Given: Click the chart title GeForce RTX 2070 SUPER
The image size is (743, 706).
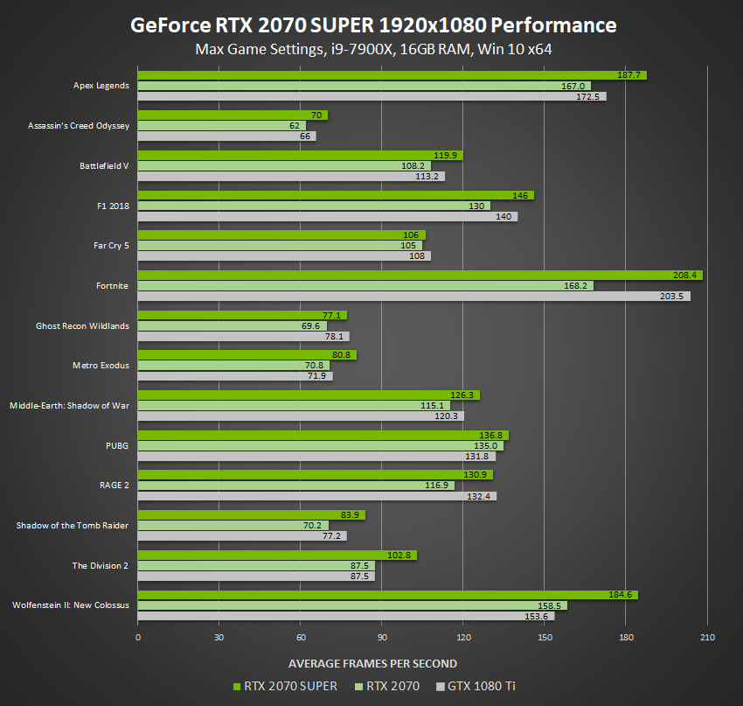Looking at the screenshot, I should pos(372,24).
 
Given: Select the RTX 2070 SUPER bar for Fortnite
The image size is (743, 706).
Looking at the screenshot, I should pos(420,276).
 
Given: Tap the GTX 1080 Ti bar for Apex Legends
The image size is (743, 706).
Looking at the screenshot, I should pos(371,96).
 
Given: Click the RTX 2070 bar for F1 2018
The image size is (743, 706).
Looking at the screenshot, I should pos(314,206).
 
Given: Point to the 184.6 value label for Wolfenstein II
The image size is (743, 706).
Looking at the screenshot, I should pos(621,595).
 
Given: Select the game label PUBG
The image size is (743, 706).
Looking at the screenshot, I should pos(117,445).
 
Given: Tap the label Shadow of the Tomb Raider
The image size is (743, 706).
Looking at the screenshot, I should pos(73,525).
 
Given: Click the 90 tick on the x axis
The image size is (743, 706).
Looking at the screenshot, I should pos(382,637).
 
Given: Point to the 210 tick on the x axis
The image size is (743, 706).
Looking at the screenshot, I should pos(707,637).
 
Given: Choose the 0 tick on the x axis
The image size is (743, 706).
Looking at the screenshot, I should pos(138,637).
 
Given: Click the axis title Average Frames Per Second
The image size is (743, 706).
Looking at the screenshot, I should pos(372,663).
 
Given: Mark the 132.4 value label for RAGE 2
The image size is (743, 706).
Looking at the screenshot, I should pos(482,496).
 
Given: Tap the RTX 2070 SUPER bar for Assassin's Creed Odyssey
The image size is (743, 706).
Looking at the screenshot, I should pos(233,115).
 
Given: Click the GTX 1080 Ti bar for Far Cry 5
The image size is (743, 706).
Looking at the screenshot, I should pos(284,256).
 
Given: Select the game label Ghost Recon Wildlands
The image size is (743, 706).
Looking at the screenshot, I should pos(82,326).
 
